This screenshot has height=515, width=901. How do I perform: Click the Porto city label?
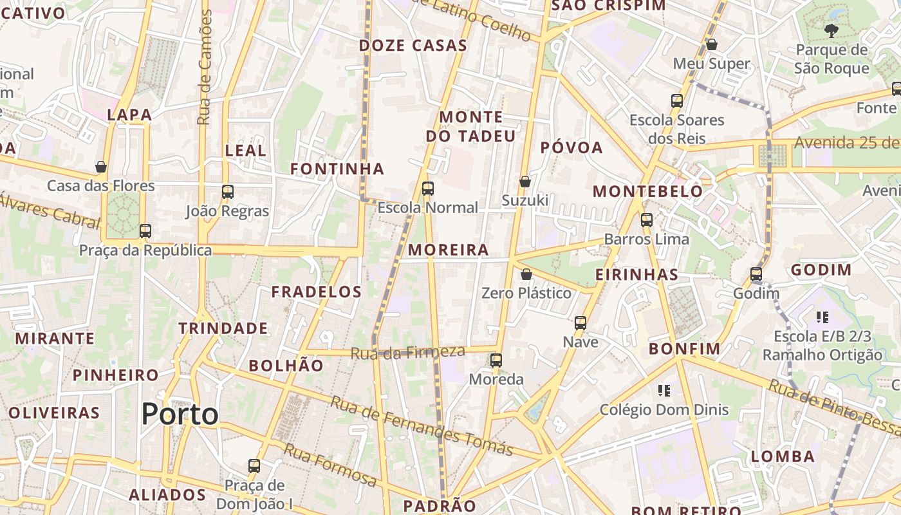[x=180, y=414]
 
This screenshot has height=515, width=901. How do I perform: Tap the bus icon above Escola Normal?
[x=428, y=189]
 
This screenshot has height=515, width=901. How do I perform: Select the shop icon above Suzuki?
[x=525, y=182]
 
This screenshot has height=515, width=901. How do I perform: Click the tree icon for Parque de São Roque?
[x=831, y=30]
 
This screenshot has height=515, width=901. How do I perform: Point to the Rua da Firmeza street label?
[x=407, y=352]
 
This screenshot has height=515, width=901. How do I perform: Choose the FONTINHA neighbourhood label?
[x=337, y=169]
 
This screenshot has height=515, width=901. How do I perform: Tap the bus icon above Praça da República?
[x=145, y=231]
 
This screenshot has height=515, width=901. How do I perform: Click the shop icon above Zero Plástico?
[x=526, y=274]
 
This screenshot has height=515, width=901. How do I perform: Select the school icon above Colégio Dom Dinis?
[x=664, y=390]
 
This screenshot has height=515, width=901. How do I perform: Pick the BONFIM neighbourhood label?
[x=684, y=349]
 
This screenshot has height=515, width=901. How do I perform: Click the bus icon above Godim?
[x=756, y=274]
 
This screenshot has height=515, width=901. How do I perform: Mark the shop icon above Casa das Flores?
[x=101, y=167]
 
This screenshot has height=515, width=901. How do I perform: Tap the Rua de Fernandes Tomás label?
[x=422, y=426]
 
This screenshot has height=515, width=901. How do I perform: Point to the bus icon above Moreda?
[x=496, y=360]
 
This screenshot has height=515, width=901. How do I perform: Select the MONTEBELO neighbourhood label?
[x=647, y=191]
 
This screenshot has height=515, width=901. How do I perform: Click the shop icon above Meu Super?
[x=712, y=44]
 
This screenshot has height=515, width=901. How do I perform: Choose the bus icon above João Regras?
[x=228, y=192]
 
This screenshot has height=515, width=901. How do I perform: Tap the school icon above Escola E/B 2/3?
[x=822, y=317]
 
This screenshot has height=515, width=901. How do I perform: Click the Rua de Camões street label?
[x=205, y=68]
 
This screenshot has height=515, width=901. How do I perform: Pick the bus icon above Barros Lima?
[x=647, y=220]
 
